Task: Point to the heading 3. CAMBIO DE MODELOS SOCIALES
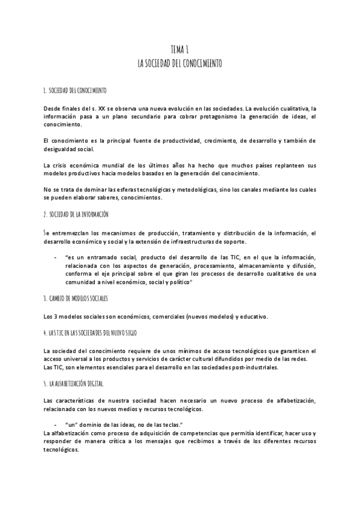coord(76,298)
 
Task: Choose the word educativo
coord(254,317)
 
